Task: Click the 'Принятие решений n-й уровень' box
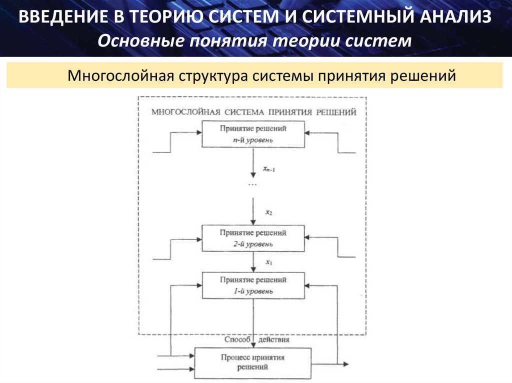(253, 134)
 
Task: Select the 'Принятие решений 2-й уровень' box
(253, 238)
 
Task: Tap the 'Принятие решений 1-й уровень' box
(253, 285)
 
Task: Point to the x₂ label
(268, 213)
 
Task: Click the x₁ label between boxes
(268, 262)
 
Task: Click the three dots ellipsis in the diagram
(252, 185)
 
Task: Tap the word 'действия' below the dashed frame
(274, 340)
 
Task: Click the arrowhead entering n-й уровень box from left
(198, 133)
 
